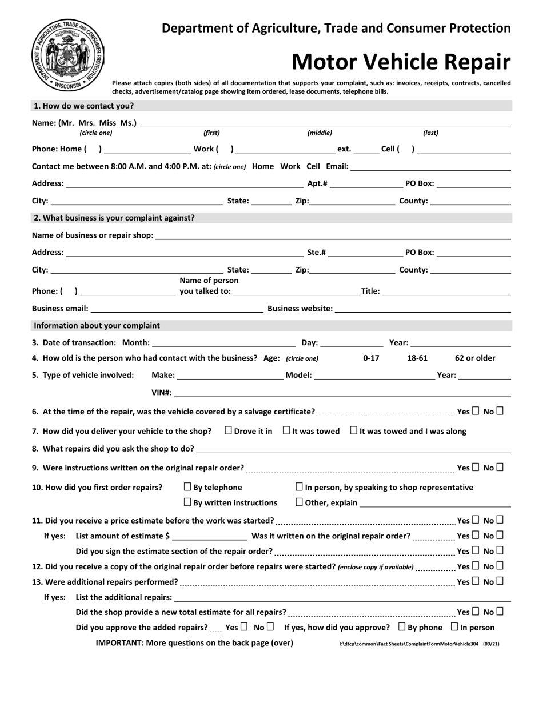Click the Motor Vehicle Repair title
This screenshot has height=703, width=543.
tap(401, 62)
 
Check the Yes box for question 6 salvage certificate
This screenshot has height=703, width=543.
tap(475, 411)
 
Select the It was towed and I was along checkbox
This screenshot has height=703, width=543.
tap(354, 430)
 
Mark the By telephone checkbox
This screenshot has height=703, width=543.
tap(187, 487)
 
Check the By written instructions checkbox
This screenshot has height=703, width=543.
tap(187, 502)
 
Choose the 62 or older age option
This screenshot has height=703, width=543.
tap(475, 358)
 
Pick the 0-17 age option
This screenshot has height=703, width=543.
tap(371, 358)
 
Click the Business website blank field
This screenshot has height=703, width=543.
tap(422, 309)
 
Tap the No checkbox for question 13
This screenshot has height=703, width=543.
tap(500, 581)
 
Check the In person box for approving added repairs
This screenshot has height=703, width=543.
tap(454, 627)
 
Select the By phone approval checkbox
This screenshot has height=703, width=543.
tap(402, 627)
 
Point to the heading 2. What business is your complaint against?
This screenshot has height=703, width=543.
tap(114, 218)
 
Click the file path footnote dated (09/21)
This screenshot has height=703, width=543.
tap(419, 644)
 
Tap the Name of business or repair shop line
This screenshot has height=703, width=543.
tap(333, 235)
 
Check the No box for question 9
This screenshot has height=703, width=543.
tap(500, 467)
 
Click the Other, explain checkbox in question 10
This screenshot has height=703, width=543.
tap(299, 502)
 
